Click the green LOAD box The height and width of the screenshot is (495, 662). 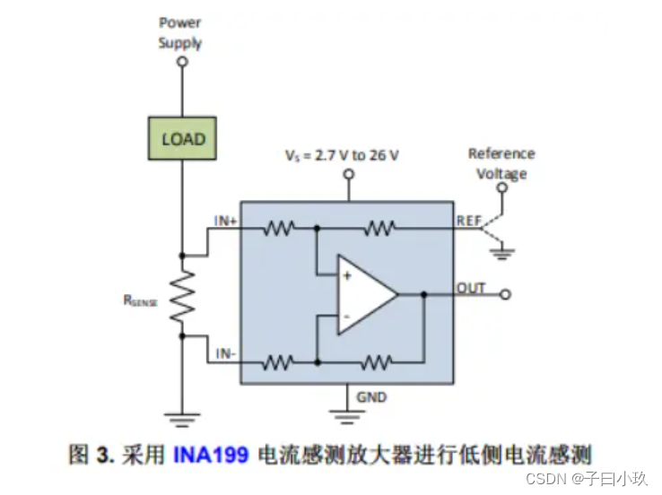[183, 139]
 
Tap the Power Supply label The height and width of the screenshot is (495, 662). [180, 32]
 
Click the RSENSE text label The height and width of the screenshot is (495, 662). [141, 301]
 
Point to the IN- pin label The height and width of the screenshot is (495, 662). [225, 354]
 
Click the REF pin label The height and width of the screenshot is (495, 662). [469, 219]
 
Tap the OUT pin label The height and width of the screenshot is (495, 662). [470, 288]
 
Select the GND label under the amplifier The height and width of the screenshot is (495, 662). [371, 395]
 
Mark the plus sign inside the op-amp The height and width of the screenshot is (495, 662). [346, 276]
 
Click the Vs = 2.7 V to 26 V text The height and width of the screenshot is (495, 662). [342, 155]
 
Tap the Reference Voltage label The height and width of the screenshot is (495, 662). [501, 163]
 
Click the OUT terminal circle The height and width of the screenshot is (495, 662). [506, 294]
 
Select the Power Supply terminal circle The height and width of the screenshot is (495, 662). [182, 63]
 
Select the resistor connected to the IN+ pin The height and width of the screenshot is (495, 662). [279, 229]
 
